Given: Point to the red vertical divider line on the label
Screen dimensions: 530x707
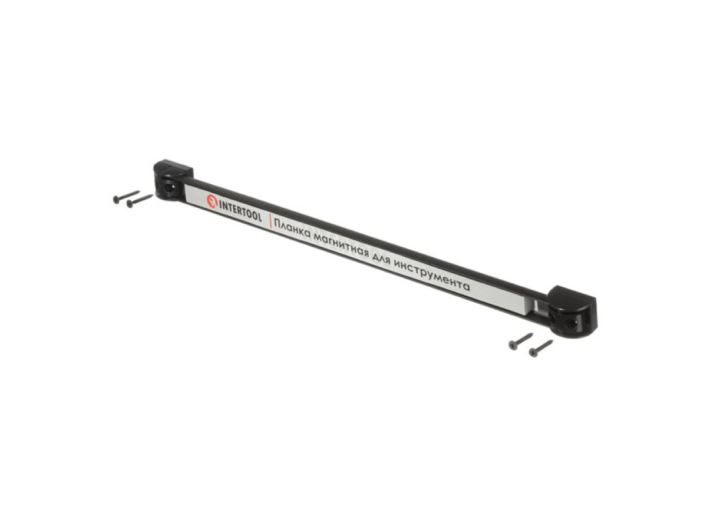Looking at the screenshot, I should tap(270, 221).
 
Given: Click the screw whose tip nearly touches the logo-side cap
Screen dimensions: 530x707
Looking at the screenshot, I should tap(140, 200).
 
